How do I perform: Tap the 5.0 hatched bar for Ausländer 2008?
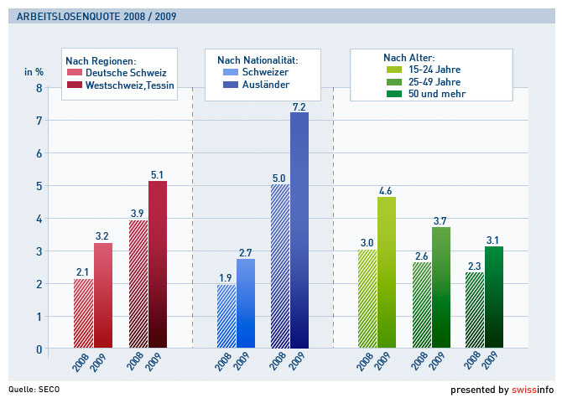(x=280, y=266)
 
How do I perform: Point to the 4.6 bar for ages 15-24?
(x=386, y=272)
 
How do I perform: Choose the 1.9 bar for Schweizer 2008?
(x=226, y=316)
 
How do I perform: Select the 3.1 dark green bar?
(x=494, y=297)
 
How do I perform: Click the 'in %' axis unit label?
(x=34, y=71)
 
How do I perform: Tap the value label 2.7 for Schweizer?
(x=246, y=251)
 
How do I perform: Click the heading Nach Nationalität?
(x=258, y=59)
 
